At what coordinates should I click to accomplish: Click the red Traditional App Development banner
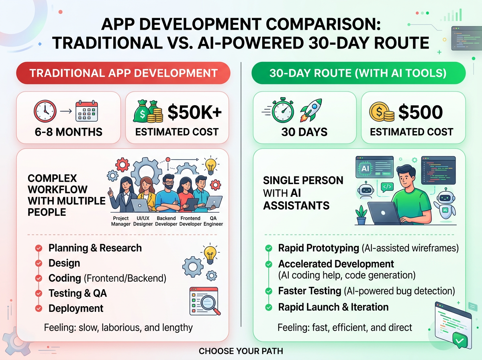[x=123, y=74]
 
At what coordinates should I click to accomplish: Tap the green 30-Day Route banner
[x=358, y=74]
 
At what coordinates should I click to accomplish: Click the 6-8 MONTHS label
[x=68, y=132]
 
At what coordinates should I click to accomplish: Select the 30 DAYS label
[x=304, y=132]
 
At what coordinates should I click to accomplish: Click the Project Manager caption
[x=121, y=221]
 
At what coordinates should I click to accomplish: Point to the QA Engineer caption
[x=213, y=221]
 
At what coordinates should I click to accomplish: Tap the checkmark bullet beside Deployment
[x=39, y=309]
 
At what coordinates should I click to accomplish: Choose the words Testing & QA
[x=78, y=293]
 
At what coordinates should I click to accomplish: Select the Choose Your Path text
[x=241, y=351]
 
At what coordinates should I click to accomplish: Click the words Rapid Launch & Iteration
[x=333, y=307]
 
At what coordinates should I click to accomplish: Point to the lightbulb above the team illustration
[x=210, y=165]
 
